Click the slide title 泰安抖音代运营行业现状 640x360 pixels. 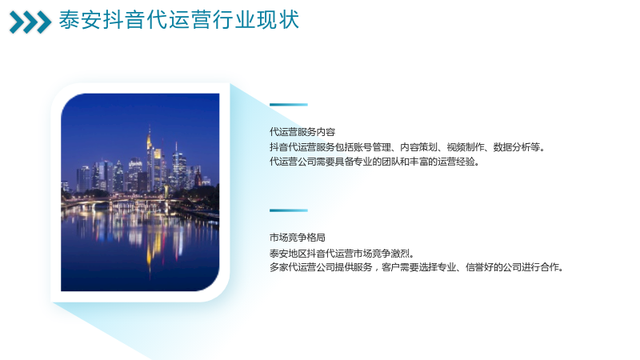178,20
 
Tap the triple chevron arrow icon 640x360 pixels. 30,22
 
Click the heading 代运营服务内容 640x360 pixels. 302,132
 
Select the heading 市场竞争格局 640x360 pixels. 297,238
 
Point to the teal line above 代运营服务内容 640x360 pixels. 289,105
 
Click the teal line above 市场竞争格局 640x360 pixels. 289,210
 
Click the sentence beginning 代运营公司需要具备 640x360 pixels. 374,162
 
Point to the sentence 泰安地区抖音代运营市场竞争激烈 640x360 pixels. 342,254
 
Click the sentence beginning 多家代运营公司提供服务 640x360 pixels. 416,267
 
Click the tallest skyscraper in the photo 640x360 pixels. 150,159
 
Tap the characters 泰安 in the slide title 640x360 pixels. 80,20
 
